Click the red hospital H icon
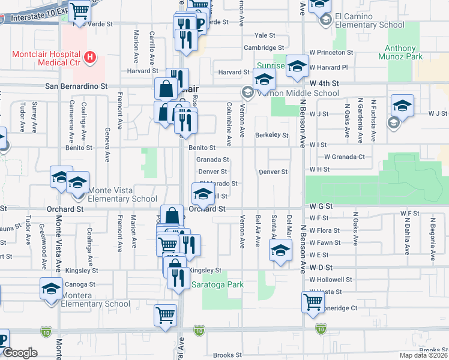(x=89, y=58)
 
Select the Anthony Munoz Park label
(x=400, y=53)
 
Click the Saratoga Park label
(x=218, y=284)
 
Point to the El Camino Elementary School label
(x=370, y=20)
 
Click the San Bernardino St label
(x=76, y=86)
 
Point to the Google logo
(x=20, y=353)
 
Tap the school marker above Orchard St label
(x=202, y=193)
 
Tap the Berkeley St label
(x=271, y=135)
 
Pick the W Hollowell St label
(x=331, y=280)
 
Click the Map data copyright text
(x=423, y=355)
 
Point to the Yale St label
(x=264, y=35)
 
